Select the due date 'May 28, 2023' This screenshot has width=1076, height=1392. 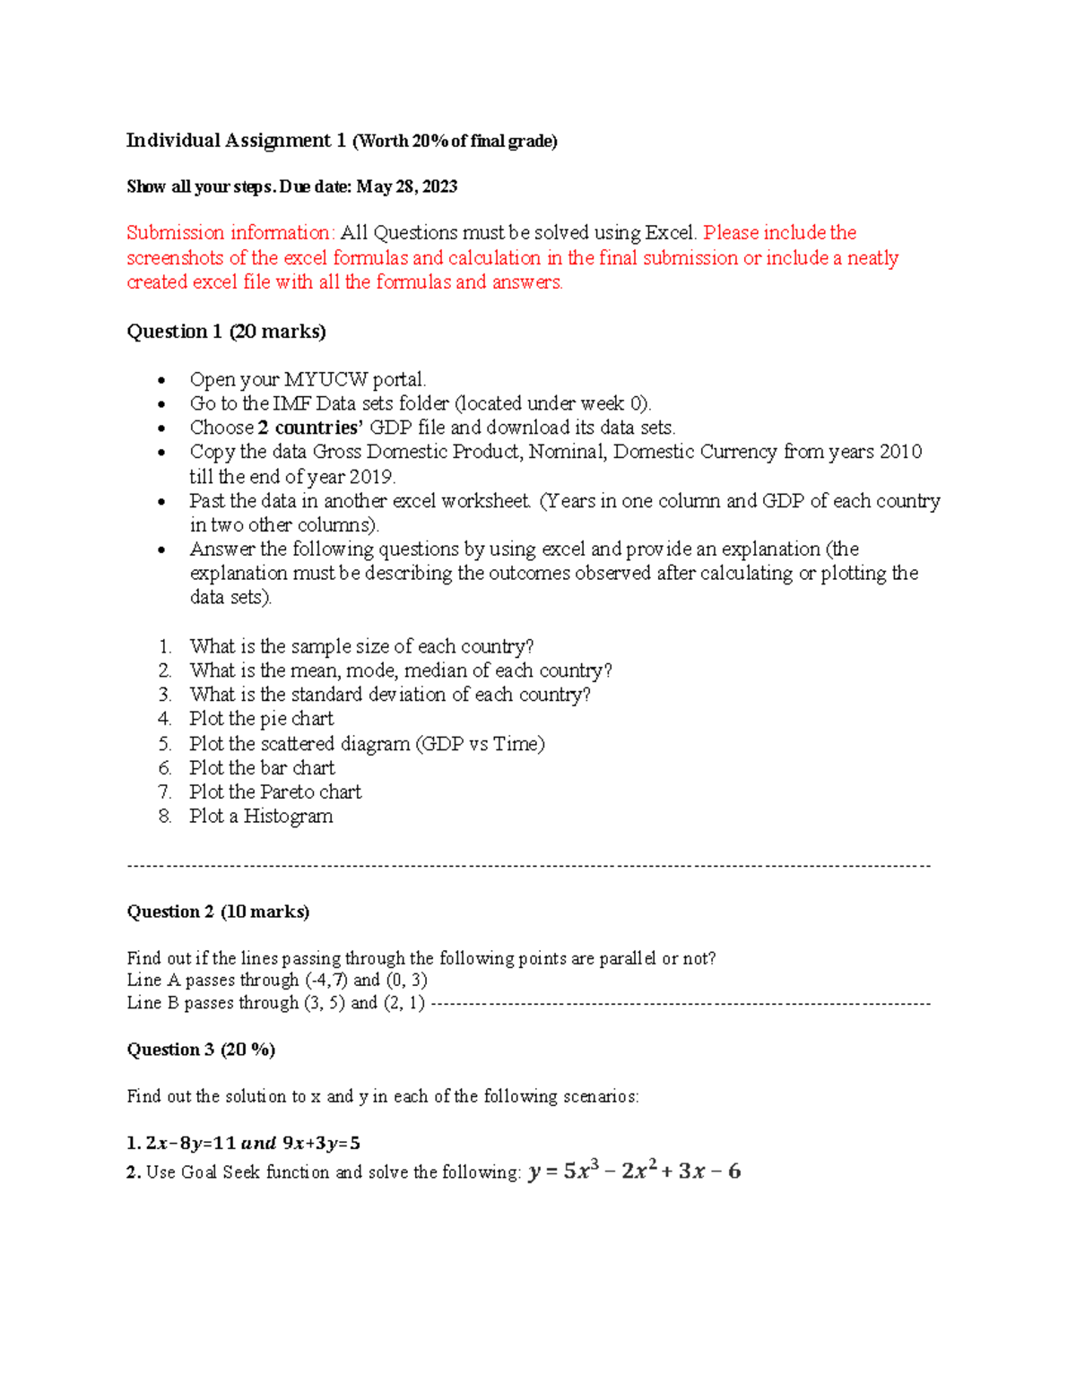coord(406,186)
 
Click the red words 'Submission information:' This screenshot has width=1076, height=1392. coord(230,233)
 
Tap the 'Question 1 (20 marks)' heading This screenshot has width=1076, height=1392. coord(226,332)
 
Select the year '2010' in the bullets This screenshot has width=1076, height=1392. coord(900,452)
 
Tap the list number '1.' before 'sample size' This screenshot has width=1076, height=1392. coord(165,646)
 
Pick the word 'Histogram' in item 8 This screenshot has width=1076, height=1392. coord(288,817)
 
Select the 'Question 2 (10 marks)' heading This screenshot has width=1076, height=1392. coord(218,912)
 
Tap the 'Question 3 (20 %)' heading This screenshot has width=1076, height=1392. coord(201,1050)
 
